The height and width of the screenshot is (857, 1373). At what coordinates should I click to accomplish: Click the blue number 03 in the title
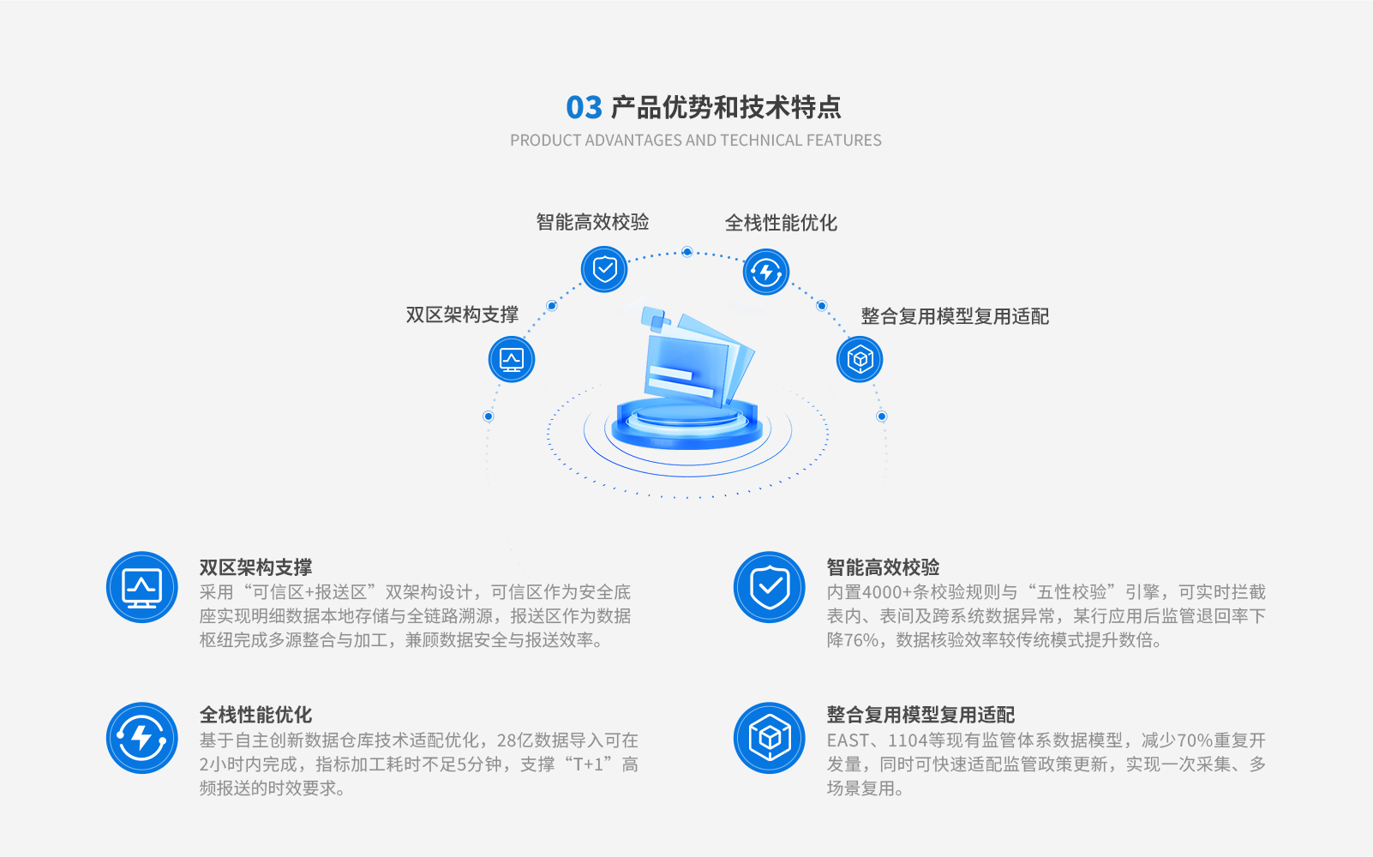[584, 108]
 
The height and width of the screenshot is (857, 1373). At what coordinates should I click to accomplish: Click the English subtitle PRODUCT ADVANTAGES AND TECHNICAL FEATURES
[695, 141]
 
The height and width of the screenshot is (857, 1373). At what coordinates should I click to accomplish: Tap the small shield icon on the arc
[604, 269]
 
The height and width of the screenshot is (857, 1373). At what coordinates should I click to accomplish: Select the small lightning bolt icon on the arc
[765, 273]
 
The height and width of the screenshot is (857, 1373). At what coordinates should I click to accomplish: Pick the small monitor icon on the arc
[512, 359]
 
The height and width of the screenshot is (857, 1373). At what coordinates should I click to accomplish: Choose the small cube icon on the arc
[860, 359]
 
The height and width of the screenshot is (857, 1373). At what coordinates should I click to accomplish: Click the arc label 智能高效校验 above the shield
[592, 223]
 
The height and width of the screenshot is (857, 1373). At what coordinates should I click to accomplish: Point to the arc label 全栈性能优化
[781, 224]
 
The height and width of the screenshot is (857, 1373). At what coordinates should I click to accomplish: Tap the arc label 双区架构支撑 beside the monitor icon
[462, 315]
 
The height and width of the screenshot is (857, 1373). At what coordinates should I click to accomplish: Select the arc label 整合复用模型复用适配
[955, 317]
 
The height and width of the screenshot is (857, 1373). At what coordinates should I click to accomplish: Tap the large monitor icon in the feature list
[142, 587]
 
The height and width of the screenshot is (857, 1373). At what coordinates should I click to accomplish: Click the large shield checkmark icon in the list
[770, 587]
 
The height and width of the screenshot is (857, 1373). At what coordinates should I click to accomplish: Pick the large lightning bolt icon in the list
[142, 738]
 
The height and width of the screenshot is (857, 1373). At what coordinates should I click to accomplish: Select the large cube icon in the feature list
[770, 738]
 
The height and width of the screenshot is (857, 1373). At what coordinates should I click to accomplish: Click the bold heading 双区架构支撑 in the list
[255, 567]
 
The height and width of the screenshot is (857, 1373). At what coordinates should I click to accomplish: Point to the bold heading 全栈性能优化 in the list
[255, 715]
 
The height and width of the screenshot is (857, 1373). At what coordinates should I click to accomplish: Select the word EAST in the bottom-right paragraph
[848, 740]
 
